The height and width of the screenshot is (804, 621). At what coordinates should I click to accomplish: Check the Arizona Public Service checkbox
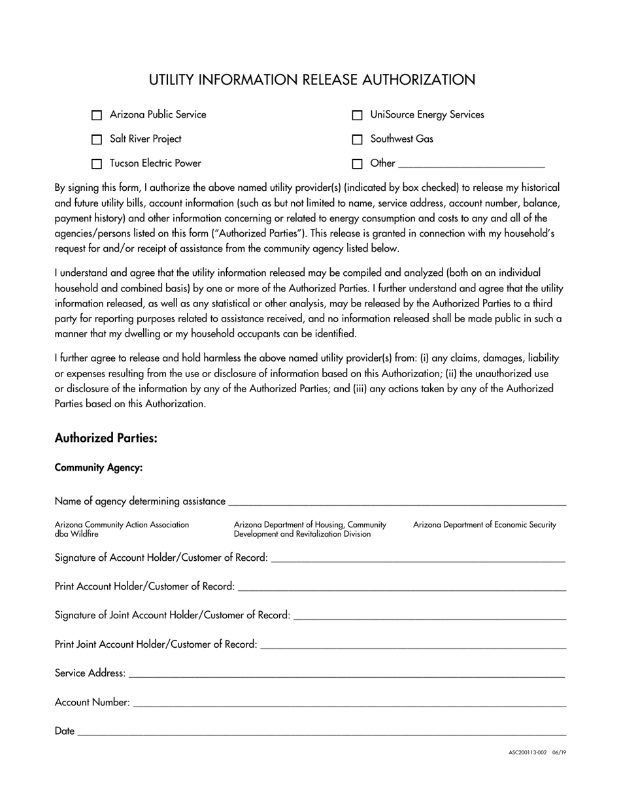97,115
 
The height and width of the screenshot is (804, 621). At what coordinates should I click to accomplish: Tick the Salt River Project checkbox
97,139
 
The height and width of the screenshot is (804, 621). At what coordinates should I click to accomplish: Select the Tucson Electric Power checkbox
97,163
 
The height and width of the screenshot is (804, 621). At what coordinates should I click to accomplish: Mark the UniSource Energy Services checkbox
357,115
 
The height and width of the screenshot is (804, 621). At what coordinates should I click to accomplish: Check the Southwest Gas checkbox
357,139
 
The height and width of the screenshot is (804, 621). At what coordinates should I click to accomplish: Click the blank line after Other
471,163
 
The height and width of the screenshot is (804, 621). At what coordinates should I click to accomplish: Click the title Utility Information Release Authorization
312,80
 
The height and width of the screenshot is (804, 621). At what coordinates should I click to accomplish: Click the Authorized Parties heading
106,438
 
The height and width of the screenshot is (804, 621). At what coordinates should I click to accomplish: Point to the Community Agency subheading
99,468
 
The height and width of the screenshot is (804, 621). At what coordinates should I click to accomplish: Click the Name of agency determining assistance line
396,501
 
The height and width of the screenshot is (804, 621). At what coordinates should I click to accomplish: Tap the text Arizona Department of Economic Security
484,524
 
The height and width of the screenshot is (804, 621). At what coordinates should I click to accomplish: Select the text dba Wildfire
76,534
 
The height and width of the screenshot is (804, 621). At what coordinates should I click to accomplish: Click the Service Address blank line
346,673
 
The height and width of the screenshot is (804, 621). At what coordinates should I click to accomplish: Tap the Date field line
320,731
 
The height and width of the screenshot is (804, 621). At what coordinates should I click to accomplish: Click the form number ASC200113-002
528,752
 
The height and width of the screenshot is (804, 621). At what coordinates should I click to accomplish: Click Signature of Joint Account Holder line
429,615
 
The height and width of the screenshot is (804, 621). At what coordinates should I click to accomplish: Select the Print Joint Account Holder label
156,645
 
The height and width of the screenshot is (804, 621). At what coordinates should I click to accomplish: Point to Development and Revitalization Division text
302,534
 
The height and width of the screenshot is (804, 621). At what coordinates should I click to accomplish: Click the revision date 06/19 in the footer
559,752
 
